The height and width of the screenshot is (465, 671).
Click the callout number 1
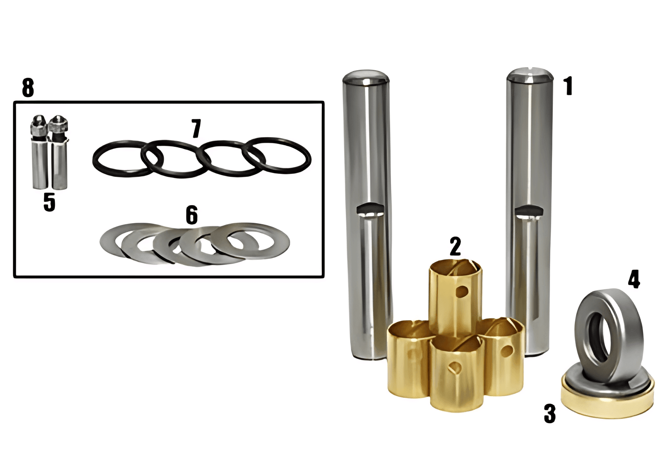(568, 86)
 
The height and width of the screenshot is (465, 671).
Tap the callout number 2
(455, 246)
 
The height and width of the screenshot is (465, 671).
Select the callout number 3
(549, 414)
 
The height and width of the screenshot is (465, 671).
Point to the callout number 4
(634, 279)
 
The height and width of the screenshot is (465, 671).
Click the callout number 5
(50, 202)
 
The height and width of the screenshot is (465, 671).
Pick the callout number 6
(192, 215)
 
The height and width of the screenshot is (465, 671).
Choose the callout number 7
(196, 129)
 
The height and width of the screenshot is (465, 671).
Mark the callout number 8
(28, 88)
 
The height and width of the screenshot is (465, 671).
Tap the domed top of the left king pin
(366, 77)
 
